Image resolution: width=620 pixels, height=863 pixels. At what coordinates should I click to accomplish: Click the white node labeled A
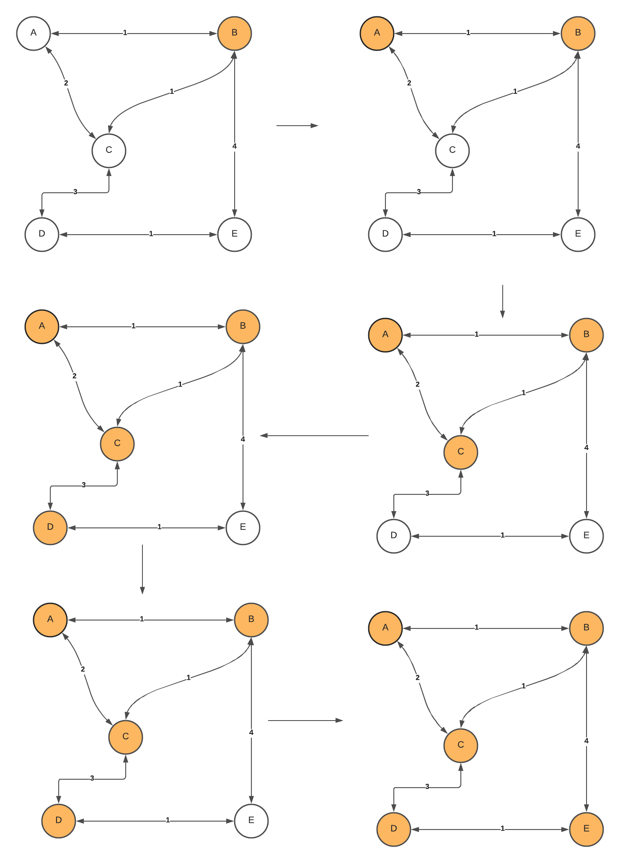click(34, 33)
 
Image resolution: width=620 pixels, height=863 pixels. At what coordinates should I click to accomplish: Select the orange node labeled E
click(586, 829)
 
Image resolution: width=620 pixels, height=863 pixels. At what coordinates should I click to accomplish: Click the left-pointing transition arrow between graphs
click(314, 436)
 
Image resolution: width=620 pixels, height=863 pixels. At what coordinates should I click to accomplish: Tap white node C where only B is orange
click(109, 150)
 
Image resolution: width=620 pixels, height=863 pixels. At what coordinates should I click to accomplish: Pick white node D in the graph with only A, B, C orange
click(394, 536)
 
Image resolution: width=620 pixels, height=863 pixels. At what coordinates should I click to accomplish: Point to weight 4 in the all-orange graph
click(586, 741)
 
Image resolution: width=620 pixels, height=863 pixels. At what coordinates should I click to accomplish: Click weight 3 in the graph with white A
click(75, 192)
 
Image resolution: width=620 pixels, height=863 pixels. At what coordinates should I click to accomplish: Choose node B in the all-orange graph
click(586, 628)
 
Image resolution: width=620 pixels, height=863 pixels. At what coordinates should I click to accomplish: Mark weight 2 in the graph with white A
click(66, 83)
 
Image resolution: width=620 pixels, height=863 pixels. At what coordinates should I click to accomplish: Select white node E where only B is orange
click(235, 234)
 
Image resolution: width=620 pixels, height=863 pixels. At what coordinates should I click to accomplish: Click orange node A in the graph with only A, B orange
click(377, 33)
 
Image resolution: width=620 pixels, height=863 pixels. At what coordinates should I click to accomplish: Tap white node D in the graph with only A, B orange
click(385, 234)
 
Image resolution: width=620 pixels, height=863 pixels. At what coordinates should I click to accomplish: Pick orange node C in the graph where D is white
click(461, 452)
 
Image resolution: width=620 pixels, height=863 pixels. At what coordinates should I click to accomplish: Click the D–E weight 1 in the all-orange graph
click(502, 829)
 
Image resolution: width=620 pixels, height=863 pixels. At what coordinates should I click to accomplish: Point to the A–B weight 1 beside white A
click(125, 33)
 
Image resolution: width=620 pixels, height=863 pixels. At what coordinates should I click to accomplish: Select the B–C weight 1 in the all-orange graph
click(523, 686)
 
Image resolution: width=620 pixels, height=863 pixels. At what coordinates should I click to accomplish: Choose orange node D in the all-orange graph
click(394, 829)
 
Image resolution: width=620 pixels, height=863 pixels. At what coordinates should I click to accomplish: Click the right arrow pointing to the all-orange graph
click(305, 721)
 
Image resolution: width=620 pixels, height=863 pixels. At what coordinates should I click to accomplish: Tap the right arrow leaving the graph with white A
click(297, 125)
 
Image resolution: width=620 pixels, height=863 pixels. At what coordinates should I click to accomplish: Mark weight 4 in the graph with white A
click(234, 146)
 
